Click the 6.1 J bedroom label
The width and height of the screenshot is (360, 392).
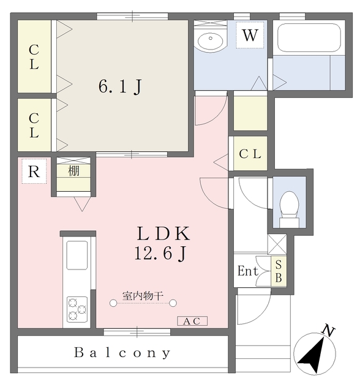coord(120,87)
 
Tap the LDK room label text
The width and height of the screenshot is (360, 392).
coord(163,233)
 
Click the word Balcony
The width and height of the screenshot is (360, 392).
coord(122,353)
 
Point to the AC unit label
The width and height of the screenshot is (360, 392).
coord(193,321)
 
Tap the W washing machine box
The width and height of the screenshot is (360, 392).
coord(249,36)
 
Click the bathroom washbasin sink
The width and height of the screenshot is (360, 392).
coord(212,40)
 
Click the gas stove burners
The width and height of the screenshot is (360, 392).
coord(77,308)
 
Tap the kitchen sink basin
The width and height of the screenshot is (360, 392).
coord(77,255)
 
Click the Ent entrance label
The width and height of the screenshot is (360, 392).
coord(247,270)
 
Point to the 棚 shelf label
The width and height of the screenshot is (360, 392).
coord(74,171)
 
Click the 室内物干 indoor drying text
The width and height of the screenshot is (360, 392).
coord(143,296)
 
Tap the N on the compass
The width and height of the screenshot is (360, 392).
coord(329,332)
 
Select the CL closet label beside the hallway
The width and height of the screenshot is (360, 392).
coord(250,154)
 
